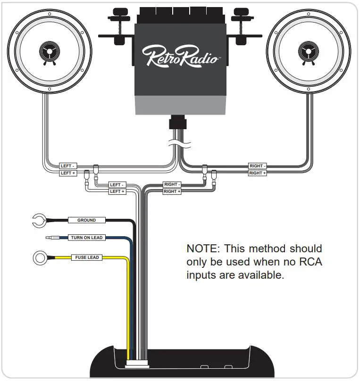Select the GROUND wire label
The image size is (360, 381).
[x=86, y=220]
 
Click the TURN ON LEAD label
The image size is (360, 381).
[x=86, y=238]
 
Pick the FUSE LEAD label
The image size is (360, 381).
[x=87, y=257]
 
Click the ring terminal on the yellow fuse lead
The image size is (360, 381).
[x=39, y=258]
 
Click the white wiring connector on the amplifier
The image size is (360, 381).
[x=137, y=365]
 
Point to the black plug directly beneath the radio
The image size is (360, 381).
[x=177, y=124]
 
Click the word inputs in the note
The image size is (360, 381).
[x=201, y=275]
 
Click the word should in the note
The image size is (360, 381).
[x=306, y=248]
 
